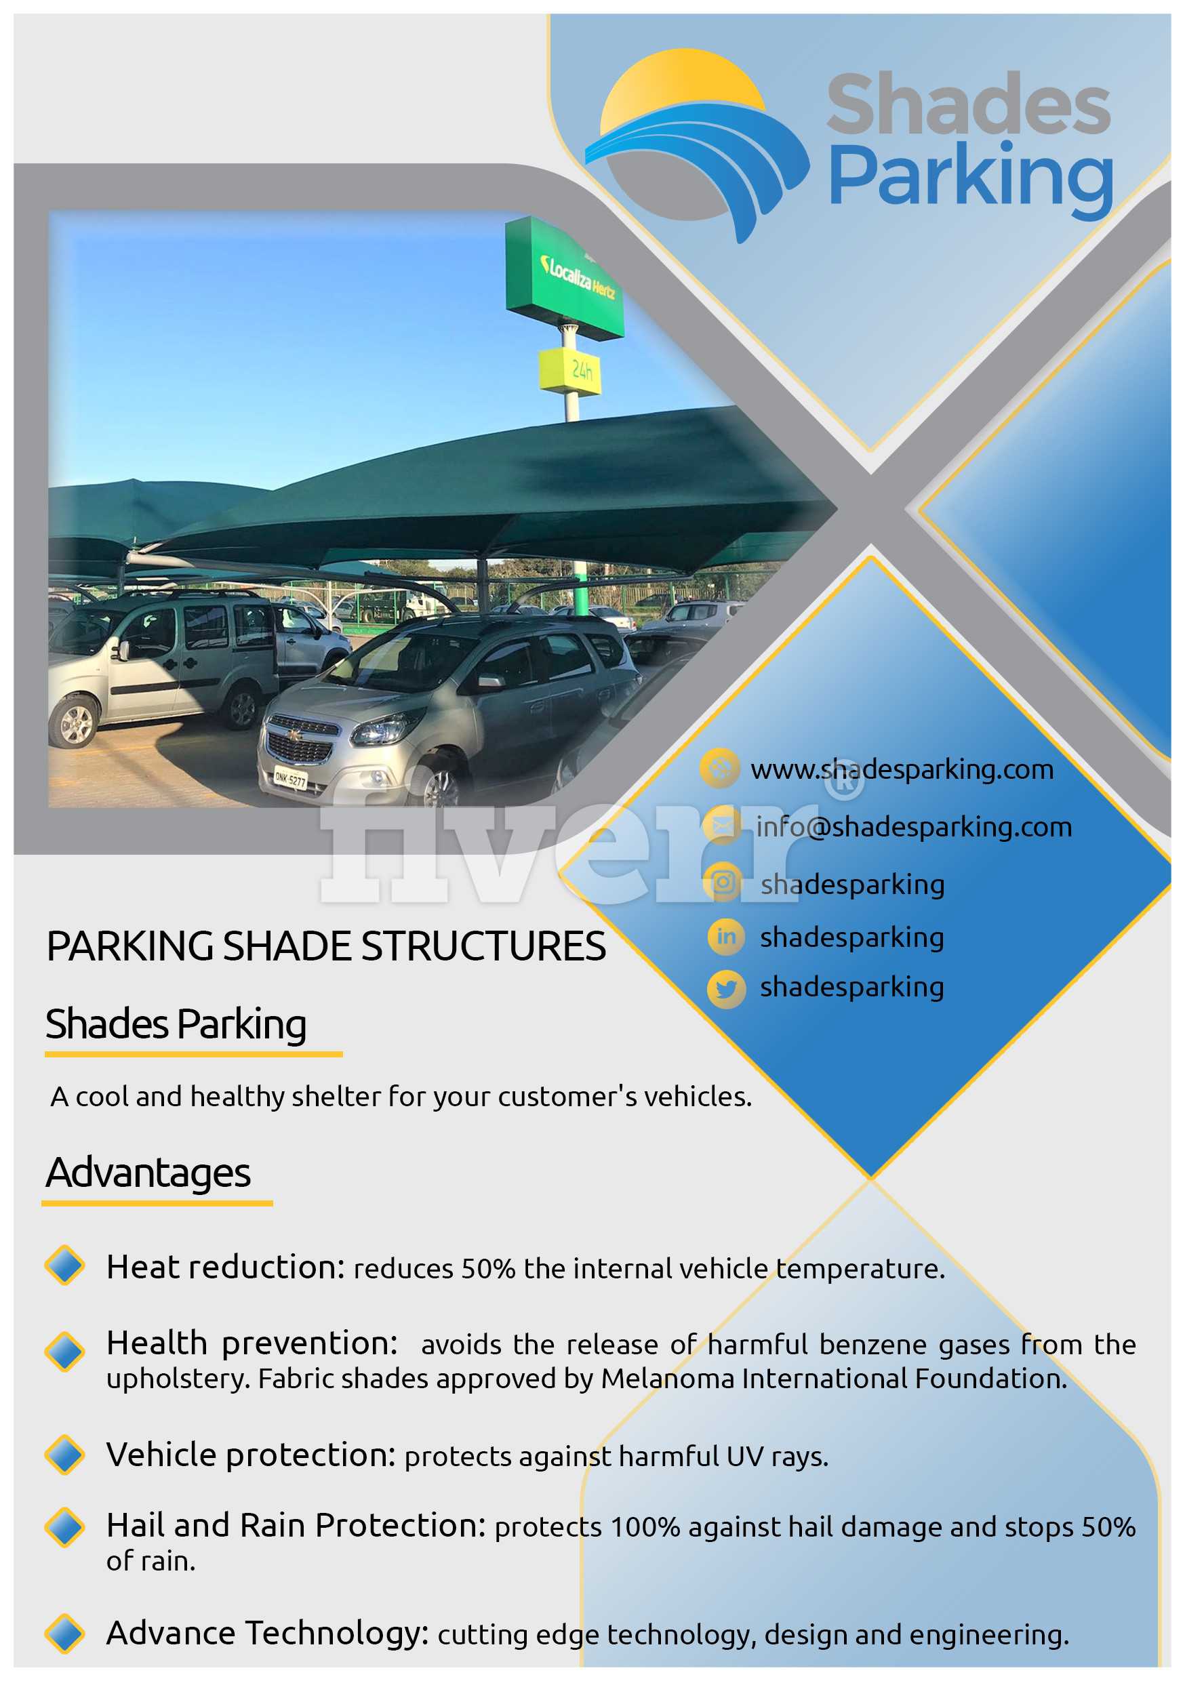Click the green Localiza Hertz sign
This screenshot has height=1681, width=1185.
pyautogui.click(x=564, y=277)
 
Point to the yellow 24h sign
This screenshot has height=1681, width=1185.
pyautogui.click(x=571, y=371)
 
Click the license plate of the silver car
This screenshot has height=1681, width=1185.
pyautogui.click(x=290, y=779)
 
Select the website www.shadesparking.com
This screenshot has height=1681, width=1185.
pyautogui.click(x=902, y=769)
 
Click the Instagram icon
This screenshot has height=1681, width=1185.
pyautogui.click(x=723, y=883)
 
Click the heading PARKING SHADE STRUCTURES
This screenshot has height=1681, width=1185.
pyautogui.click(x=326, y=946)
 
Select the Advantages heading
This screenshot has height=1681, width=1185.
pyautogui.click(x=148, y=1173)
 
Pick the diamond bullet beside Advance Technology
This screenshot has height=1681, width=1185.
pyautogui.click(x=64, y=1634)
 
